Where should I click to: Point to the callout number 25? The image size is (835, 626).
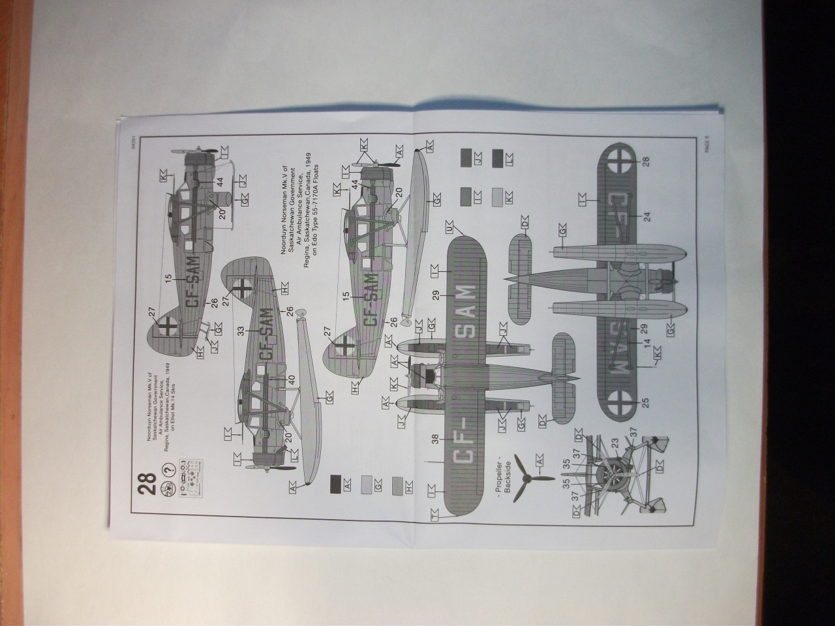(x=646, y=403)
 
